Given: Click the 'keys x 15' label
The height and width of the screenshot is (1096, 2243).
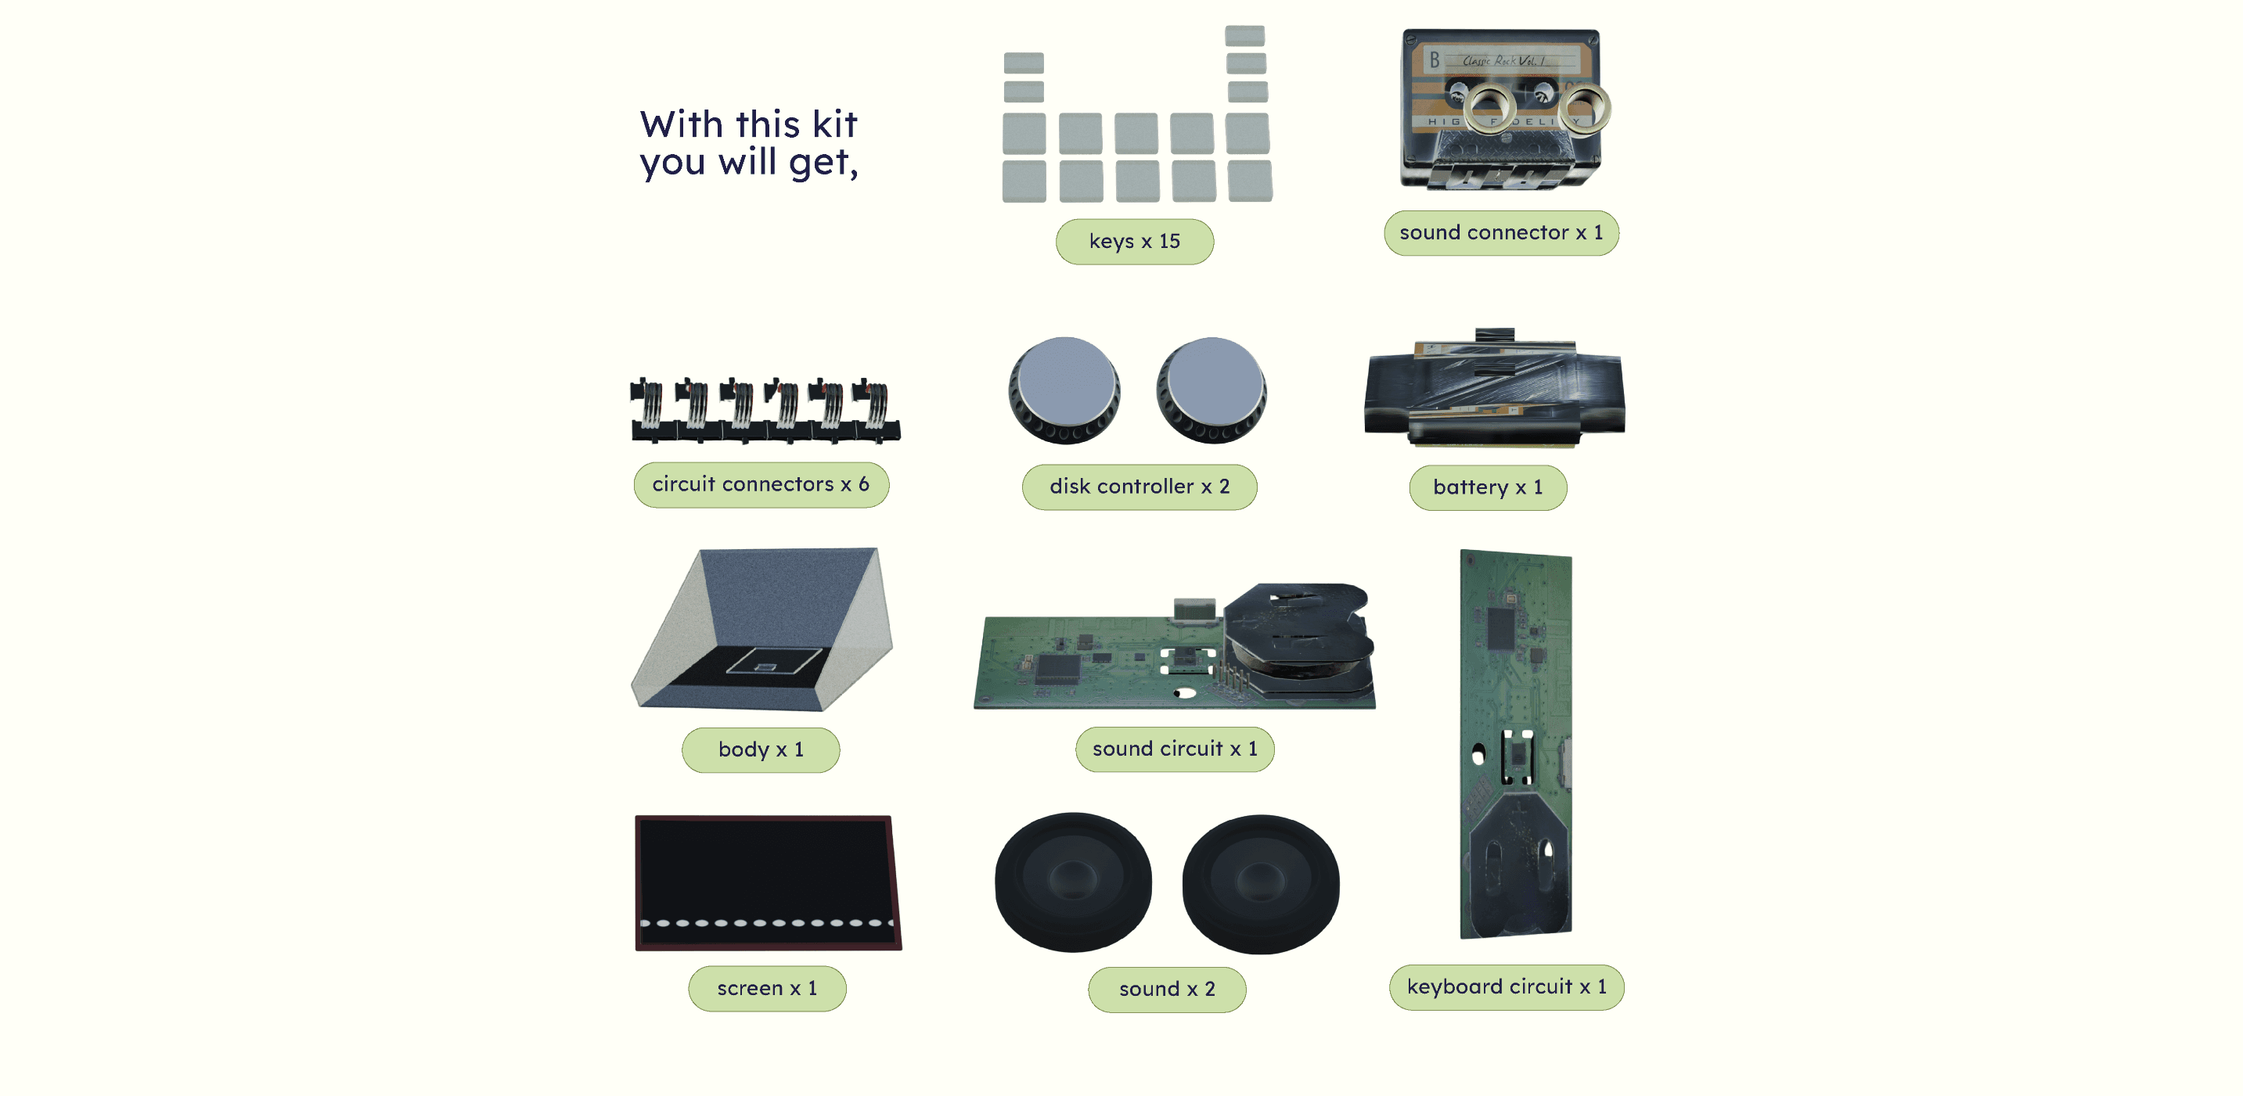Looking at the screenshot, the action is click(1134, 241).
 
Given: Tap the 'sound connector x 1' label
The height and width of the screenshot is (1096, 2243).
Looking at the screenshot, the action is click(1500, 232).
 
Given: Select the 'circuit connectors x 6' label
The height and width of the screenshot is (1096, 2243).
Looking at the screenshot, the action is click(761, 484).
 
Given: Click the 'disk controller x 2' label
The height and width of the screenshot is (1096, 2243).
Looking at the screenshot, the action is click(1139, 487).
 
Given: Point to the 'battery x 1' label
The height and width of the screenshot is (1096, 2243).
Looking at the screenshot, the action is click(1487, 487).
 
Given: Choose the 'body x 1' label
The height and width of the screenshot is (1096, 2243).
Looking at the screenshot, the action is click(760, 749).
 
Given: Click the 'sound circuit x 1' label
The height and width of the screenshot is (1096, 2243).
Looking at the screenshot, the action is click(1175, 749).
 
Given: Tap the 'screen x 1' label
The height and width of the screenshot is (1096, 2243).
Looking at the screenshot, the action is click(766, 988).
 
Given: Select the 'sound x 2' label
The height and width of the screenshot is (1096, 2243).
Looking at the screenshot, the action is click(1167, 989).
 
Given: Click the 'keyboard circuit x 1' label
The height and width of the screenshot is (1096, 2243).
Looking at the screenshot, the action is click(1507, 986).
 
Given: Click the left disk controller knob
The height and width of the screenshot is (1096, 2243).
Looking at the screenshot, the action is click(1064, 390).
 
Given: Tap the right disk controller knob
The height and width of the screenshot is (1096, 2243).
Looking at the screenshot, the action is click(1212, 390).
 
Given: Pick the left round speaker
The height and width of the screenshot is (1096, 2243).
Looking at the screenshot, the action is click(1073, 882).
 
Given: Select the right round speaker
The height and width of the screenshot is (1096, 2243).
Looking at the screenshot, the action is click(1260, 883).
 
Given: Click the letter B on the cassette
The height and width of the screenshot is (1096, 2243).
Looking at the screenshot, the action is click(1434, 61).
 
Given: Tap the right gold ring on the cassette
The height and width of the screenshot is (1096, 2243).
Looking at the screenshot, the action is click(1584, 109).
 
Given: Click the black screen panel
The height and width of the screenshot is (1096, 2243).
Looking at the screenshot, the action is click(768, 882).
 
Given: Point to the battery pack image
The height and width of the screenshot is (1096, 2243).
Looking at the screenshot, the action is click(1494, 388).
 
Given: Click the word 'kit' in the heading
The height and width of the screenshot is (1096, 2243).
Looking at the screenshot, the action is click(834, 124).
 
